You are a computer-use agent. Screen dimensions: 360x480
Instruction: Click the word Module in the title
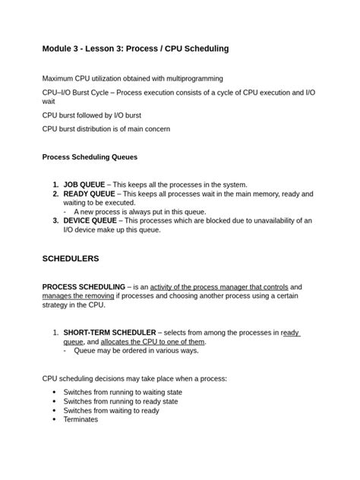click(59, 49)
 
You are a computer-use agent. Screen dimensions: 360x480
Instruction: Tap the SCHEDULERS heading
click(71, 258)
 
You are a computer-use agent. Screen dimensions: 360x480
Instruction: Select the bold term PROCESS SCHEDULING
click(84, 286)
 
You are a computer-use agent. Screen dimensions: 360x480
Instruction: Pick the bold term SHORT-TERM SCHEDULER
click(109, 333)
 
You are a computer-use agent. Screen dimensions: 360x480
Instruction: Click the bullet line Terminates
click(81, 418)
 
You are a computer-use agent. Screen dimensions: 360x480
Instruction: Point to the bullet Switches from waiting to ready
click(111, 410)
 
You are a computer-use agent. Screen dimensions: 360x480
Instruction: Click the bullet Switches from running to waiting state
click(122, 392)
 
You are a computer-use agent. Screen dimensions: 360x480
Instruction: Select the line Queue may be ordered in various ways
click(136, 351)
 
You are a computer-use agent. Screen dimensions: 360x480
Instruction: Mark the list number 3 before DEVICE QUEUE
click(55, 220)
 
